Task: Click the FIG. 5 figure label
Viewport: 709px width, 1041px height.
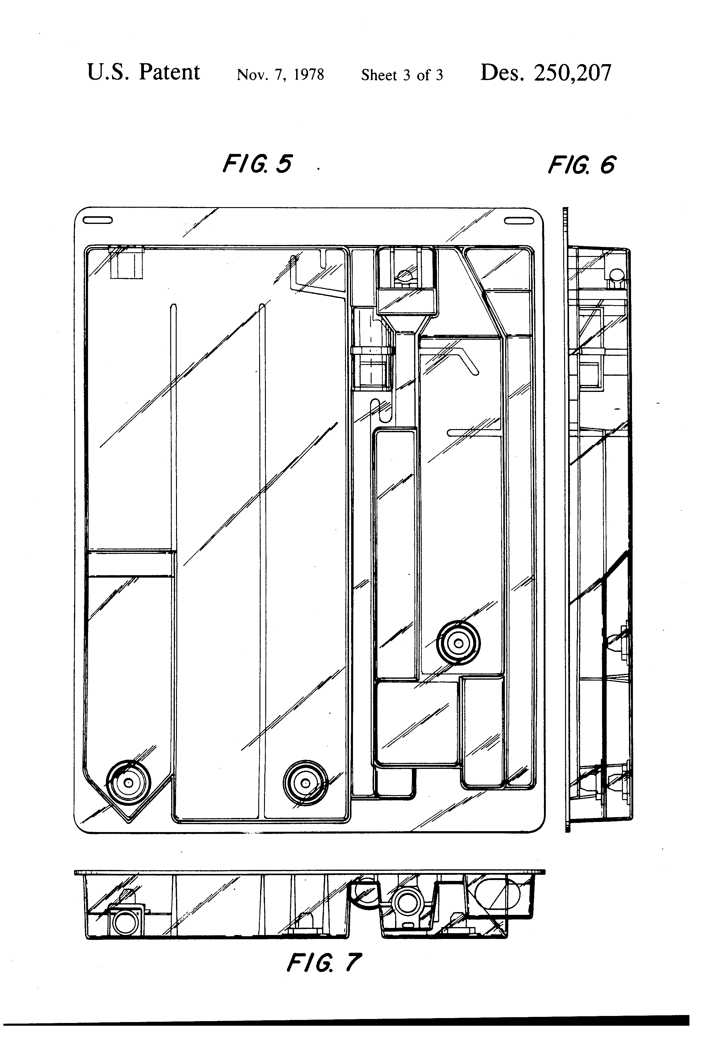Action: click(257, 164)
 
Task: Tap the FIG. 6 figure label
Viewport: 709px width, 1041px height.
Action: click(582, 165)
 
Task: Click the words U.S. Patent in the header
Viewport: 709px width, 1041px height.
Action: click(143, 73)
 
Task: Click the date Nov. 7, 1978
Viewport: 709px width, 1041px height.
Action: click(280, 74)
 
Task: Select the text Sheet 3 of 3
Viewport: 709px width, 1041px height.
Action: click(402, 75)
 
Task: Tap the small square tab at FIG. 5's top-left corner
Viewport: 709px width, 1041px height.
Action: click(127, 263)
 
